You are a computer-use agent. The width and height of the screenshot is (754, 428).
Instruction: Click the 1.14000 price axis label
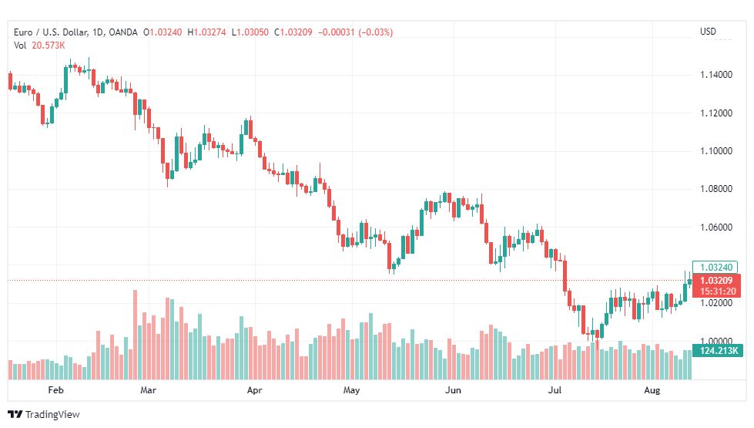point(716,75)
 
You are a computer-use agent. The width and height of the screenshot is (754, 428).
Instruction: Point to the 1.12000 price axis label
point(716,113)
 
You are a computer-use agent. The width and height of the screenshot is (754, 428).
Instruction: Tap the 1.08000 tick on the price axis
point(716,189)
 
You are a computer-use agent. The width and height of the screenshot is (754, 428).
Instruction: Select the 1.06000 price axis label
point(716,227)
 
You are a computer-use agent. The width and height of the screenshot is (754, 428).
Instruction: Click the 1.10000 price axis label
point(716,151)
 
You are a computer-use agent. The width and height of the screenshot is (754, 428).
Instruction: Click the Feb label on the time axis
point(55,390)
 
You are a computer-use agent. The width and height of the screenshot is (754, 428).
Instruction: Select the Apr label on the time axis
point(254,390)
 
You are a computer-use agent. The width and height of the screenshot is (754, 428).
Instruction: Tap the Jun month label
point(453,390)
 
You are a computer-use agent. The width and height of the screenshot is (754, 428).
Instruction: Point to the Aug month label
point(652,390)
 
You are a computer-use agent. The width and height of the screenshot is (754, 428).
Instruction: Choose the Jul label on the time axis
point(555,390)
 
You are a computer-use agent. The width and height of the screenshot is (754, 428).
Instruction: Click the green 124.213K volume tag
point(718,350)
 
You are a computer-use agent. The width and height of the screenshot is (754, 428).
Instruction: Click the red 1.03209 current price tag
point(716,286)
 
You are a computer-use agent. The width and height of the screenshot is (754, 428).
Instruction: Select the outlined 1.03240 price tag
point(715,267)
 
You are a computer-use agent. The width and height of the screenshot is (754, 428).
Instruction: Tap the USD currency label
point(708,32)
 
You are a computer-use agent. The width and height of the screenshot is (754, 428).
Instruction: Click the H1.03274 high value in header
point(206,32)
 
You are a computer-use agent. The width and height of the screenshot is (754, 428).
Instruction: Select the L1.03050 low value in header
point(250,32)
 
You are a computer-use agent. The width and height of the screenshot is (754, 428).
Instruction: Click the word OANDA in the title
point(123,32)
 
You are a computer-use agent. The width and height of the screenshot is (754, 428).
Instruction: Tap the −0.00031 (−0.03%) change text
point(355,32)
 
